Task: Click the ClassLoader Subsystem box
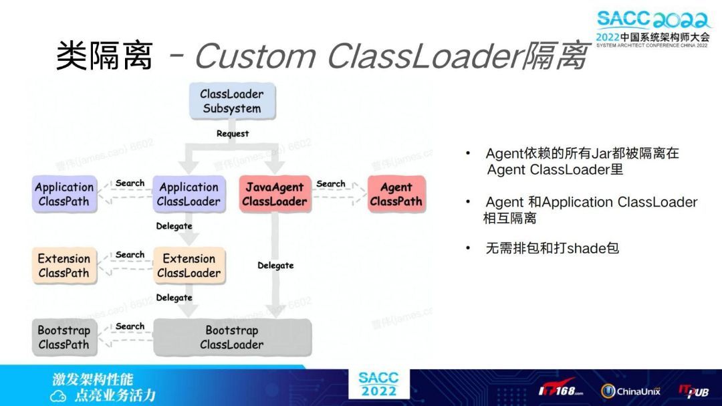click(232, 101)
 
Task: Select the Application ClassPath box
click(64, 194)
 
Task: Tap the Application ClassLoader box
click(189, 194)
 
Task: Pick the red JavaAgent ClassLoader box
click(274, 194)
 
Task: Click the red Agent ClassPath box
click(396, 194)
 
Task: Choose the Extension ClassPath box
click(64, 266)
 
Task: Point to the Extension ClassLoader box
click(189, 266)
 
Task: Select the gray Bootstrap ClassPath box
click(64, 337)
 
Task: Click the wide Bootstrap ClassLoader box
click(232, 337)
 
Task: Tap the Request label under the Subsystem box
click(232, 134)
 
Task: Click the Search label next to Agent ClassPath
click(331, 184)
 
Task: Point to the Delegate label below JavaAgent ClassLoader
click(275, 266)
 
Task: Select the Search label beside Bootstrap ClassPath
click(130, 326)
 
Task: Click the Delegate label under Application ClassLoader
click(174, 226)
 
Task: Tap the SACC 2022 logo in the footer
click(378, 384)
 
